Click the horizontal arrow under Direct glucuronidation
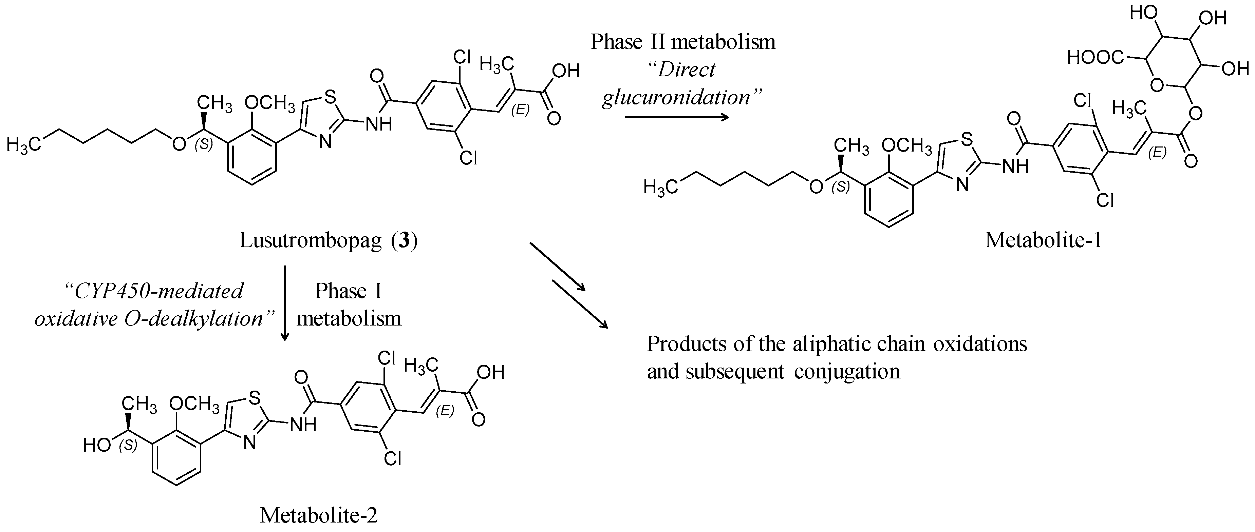point(677,117)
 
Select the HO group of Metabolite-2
point(97,445)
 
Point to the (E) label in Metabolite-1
point(1157,153)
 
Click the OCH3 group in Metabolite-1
point(907,145)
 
